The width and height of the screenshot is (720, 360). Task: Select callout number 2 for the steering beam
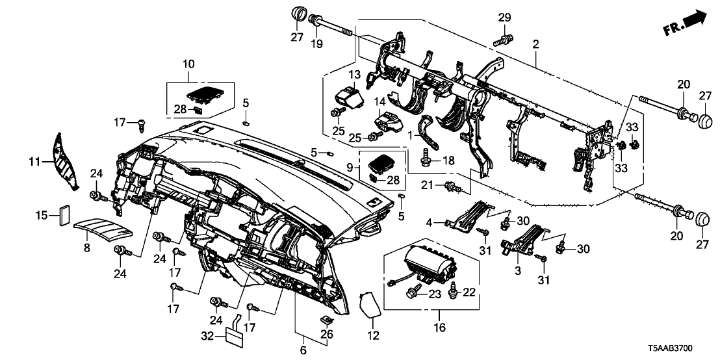click(535, 45)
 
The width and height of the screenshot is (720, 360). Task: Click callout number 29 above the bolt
click(504, 16)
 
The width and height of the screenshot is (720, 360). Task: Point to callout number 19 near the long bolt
click(316, 44)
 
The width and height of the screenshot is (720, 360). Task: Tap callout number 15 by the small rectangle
click(40, 214)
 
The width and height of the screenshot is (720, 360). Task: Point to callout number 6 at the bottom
click(302, 350)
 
